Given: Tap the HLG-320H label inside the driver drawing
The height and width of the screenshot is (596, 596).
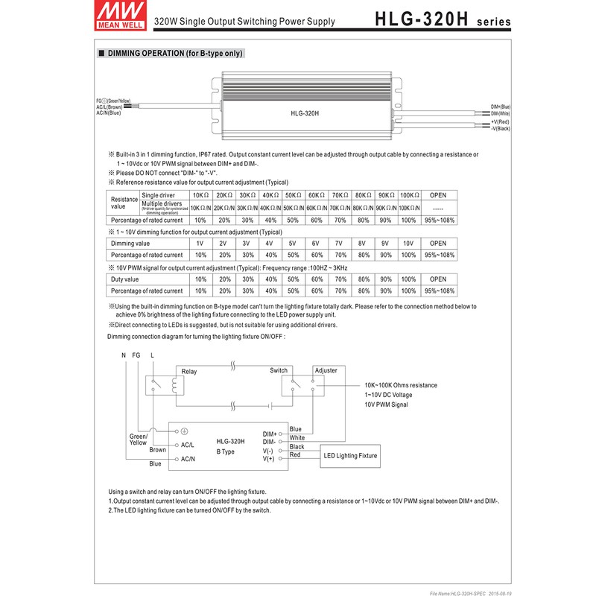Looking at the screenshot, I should [x=305, y=113].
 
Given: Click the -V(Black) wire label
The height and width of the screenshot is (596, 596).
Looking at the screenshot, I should [x=500, y=128].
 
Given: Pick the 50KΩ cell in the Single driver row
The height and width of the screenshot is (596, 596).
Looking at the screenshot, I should [x=294, y=195].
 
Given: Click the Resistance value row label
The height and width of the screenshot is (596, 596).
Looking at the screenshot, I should [x=124, y=203].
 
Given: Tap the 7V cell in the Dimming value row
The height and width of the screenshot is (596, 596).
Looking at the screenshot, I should [x=339, y=244].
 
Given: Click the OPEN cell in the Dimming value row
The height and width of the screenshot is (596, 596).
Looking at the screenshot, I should [x=438, y=244].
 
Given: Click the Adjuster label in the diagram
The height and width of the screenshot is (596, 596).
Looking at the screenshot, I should [x=326, y=370].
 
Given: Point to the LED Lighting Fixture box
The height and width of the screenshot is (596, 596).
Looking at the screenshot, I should [x=349, y=455].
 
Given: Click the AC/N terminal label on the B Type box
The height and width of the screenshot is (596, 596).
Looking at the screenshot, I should [x=188, y=460].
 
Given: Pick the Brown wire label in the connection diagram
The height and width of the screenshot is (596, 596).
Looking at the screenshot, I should [x=158, y=450].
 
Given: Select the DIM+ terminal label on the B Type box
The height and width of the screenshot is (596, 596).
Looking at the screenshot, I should [x=270, y=434].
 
